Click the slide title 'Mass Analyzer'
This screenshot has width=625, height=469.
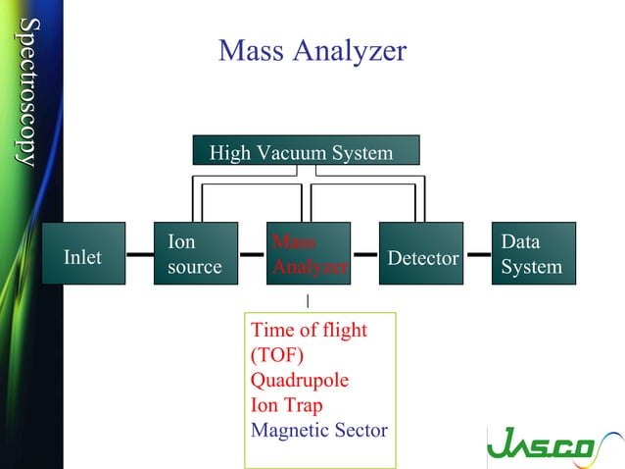(312, 50)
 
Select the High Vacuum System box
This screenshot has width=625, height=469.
(306, 151)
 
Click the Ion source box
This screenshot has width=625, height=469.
(196, 254)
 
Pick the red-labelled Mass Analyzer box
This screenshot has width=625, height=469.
(309, 254)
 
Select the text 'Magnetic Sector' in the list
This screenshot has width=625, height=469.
(319, 430)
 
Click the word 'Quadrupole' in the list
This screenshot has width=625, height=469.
(300, 379)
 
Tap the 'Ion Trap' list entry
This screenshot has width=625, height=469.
(287, 404)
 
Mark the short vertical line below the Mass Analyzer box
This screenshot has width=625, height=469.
(308, 299)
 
